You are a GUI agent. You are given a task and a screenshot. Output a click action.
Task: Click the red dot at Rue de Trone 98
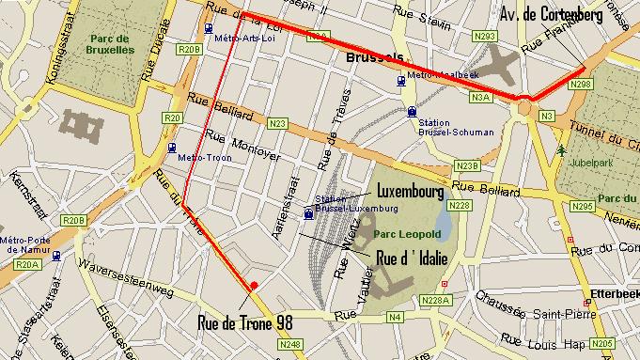coord(253,285)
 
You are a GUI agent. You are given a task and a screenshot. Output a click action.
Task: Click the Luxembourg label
coord(409,191)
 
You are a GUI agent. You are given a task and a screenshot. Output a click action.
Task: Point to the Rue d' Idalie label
coord(411,256)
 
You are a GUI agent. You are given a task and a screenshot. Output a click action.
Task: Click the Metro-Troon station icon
coord(170,148)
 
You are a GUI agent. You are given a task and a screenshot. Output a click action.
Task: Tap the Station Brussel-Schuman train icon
coord(413,111)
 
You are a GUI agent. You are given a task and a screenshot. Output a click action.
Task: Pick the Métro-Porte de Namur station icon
coord(57,255)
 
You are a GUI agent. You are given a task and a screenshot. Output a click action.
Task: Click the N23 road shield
coord(277,123)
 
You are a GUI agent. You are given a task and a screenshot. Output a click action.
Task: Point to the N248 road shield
coord(290,345)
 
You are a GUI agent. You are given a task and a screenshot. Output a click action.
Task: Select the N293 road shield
coord(485,36)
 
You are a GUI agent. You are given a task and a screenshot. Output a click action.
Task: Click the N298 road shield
coord(581,85)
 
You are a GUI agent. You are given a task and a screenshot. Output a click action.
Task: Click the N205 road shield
coord(602,344)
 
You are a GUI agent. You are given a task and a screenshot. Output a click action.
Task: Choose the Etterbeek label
coord(617,293)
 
